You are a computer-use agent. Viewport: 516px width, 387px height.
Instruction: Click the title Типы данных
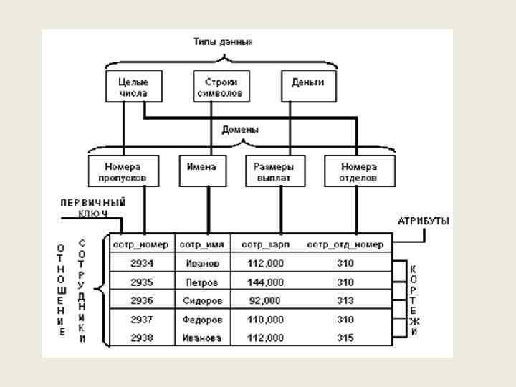[224, 42]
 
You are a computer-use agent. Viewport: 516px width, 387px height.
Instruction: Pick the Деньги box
[307, 84]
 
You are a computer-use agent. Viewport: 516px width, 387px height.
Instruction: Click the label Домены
[239, 130]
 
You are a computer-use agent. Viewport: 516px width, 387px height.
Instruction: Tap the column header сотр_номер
[140, 244]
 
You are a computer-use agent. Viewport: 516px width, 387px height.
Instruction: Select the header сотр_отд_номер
[345, 244]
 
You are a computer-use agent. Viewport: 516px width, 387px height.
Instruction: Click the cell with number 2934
[141, 263]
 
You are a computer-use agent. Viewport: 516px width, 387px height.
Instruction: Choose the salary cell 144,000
[265, 282]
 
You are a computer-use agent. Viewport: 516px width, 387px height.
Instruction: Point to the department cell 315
[345, 338]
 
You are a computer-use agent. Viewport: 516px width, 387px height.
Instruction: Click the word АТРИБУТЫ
[424, 221]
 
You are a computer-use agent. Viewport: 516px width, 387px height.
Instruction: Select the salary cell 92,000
[265, 300]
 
